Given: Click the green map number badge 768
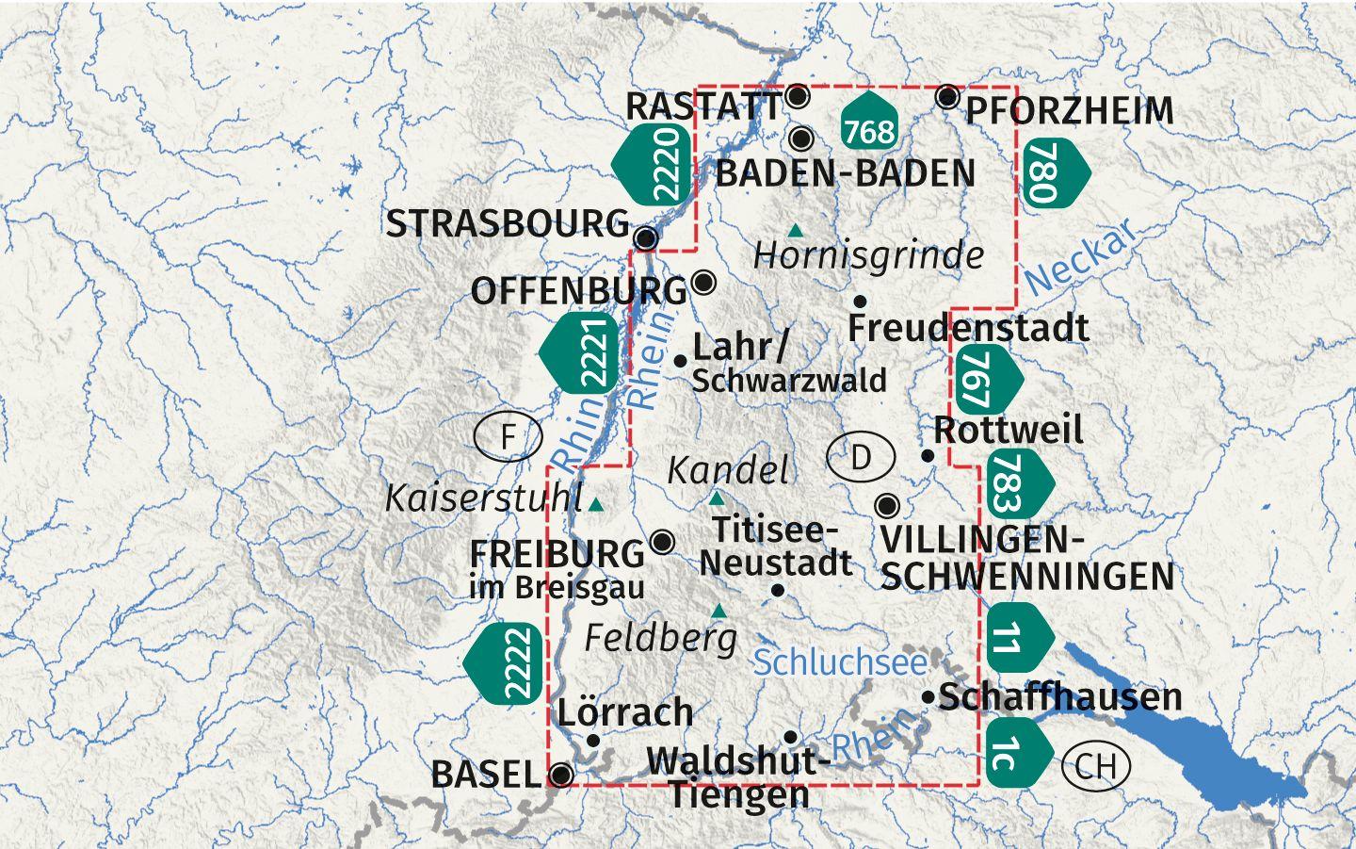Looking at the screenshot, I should (x=868, y=123).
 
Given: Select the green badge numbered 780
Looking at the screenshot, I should (x=1051, y=171).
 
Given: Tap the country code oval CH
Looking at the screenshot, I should (x=1095, y=766).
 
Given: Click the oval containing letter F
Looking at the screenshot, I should (x=508, y=437).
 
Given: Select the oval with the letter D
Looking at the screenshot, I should (x=861, y=458).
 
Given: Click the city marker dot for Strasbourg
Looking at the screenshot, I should (x=646, y=237).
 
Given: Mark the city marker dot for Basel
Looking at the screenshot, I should (x=561, y=775).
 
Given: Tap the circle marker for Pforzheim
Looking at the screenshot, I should (x=948, y=96).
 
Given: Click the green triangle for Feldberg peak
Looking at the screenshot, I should (x=719, y=611).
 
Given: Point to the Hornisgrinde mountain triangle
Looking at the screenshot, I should (x=797, y=230).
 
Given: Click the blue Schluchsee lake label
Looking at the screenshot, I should (x=840, y=662).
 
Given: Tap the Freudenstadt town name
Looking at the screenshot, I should (x=968, y=328).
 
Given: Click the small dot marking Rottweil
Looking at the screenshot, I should (x=928, y=455).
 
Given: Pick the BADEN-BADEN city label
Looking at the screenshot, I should (x=845, y=173).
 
